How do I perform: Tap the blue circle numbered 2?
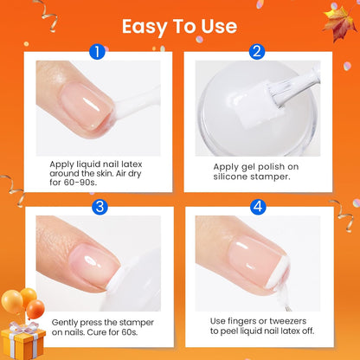[x=257, y=52]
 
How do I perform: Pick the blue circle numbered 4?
[x=257, y=207]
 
